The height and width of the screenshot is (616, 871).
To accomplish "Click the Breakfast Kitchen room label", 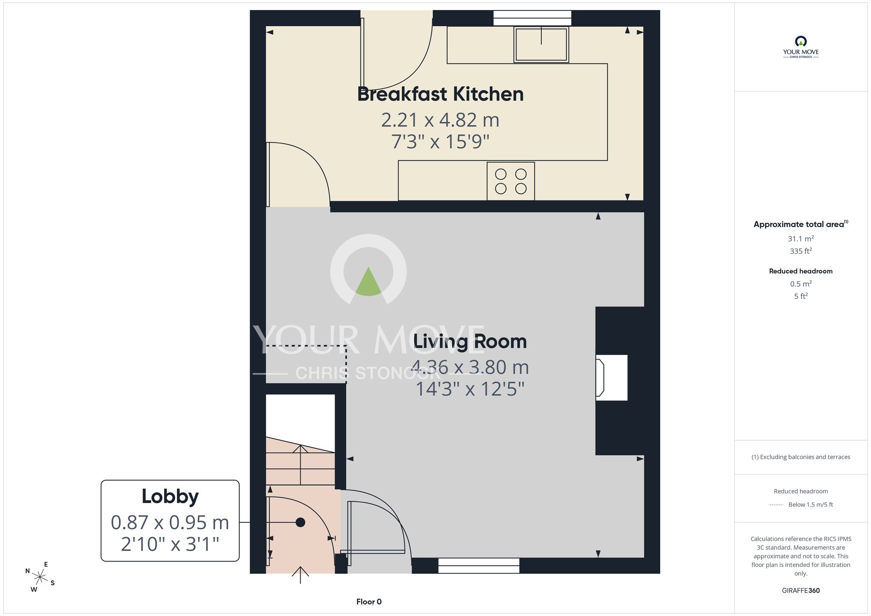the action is tap(440, 94).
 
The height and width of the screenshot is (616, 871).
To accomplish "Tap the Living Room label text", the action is tap(470, 342).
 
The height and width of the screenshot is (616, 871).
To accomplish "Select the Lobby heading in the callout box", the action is tap(170, 497).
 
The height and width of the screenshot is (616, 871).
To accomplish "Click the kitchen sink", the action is tap(541, 44).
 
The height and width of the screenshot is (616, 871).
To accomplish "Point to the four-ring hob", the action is tap(511, 181).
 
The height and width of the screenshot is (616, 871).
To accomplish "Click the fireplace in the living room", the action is tap(612, 377).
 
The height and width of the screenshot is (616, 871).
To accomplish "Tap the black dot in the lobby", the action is tap(300, 522).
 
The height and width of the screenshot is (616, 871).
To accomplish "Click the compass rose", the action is tap(40, 577).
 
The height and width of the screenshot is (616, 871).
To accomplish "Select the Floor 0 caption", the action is tap(369, 602).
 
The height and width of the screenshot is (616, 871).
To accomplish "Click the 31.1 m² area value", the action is tap(801, 239).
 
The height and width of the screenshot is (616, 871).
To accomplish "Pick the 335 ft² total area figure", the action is tap(801, 251).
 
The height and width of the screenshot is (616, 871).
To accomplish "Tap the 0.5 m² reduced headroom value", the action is tap(801, 284).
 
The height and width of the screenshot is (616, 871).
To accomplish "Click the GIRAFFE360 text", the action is tap(801, 591).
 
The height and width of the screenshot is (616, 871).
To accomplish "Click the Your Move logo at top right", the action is tap(801, 47).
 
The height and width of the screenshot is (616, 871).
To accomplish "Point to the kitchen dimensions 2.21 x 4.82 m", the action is tap(440, 120).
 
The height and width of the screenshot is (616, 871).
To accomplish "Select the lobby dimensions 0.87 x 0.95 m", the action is tap(170, 522).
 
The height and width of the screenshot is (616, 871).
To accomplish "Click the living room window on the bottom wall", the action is tap(479, 566).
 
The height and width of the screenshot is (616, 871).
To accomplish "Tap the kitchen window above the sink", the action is tap(532, 18).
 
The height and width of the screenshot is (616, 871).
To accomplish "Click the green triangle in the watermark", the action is tap(368, 282).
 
